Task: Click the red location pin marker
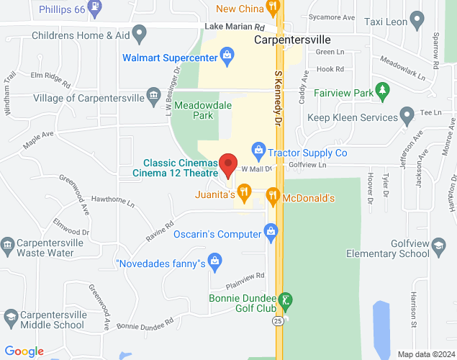click(229, 165)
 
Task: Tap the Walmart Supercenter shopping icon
click(227, 55)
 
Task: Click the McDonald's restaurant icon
click(272, 194)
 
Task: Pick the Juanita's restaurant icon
click(245, 192)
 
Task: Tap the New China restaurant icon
click(272, 8)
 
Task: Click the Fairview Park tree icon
click(384, 91)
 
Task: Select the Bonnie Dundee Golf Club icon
click(286, 300)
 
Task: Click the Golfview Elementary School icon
click(437, 248)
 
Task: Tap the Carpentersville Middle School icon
click(10, 316)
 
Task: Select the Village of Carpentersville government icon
click(153, 96)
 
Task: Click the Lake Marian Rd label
click(230, 27)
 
